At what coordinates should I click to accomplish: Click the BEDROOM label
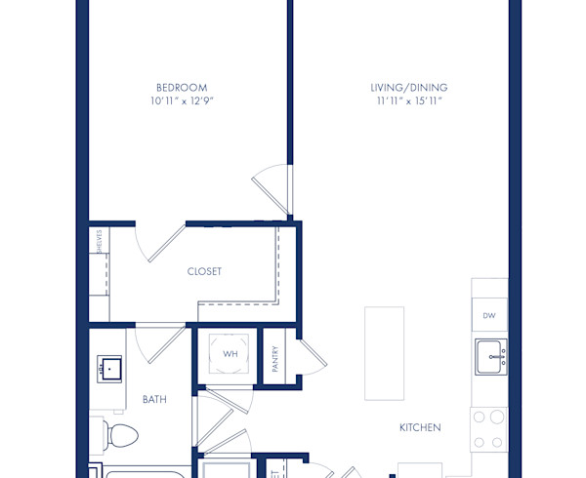[x=180, y=87]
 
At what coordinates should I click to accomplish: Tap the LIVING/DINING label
[x=408, y=87]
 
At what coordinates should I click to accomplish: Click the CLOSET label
[x=204, y=271]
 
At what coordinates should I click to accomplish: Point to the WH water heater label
[x=230, y=354]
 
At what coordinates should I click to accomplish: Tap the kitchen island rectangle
[x=384, y=352]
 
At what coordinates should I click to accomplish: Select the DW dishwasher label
[x=488, y=315]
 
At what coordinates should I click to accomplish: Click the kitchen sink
[x=489, y=357]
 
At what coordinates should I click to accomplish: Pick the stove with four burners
[x=488, y=428]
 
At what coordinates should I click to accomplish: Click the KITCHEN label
[x=420, y=427]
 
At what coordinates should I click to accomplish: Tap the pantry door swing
[x=312, y=355]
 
